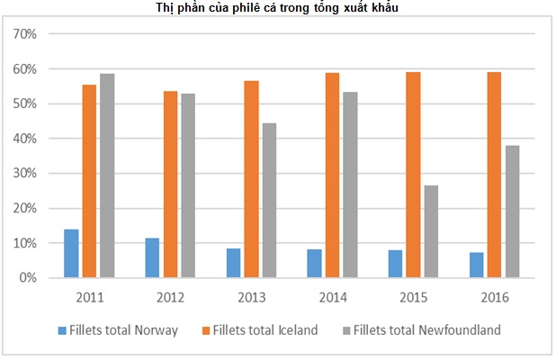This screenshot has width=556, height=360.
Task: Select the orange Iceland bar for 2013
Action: [x=251, y=179]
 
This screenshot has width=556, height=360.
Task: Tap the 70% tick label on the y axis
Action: [x=23, y=34]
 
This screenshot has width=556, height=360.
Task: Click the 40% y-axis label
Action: [x=23, y=139]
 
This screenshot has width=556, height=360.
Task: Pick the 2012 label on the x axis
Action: [x=170, y=296]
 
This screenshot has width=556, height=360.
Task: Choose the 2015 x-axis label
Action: [x=413, y=296]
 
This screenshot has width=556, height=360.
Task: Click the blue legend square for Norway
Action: [x=62, y=330]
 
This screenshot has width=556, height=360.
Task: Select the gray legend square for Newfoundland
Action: [x=347, y=330]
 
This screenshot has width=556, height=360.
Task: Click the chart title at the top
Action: [x=277, y=8]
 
